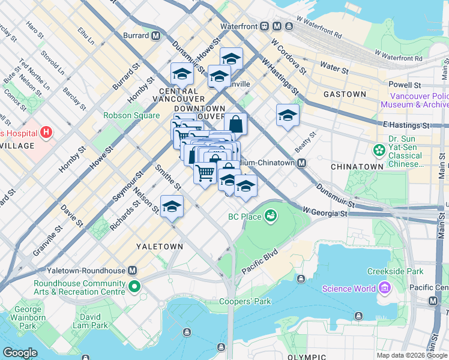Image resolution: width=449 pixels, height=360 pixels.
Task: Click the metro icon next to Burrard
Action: pyautogui.click(x=156, y=35)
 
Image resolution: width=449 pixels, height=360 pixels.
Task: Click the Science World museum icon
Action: pyautogui.click(x=385, y=289)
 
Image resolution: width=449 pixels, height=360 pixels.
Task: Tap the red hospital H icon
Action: pyautogui.click(x=46, y=133)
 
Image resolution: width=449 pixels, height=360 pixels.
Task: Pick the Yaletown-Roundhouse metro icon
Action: pyautogui.click(x=133, y=271)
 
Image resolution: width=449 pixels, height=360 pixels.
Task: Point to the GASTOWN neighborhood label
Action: pyautogui.click(x=345, y=94)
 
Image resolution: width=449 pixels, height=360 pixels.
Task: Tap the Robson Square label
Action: pyautogui.click(x=131, y=116)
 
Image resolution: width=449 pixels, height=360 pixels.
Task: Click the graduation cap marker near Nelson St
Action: pyautogui.click(x=172, y=207)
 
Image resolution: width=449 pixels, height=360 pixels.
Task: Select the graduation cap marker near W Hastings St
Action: pyautogui.click(x=288, y=115)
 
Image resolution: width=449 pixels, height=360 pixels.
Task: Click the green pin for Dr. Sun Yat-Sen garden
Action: pyautogui.click(x=379, y=149)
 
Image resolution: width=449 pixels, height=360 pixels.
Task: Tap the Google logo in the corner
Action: pyautogui.click(x=20, y=353)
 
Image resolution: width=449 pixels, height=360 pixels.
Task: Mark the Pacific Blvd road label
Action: pyautogui.click(x=261, y=262)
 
